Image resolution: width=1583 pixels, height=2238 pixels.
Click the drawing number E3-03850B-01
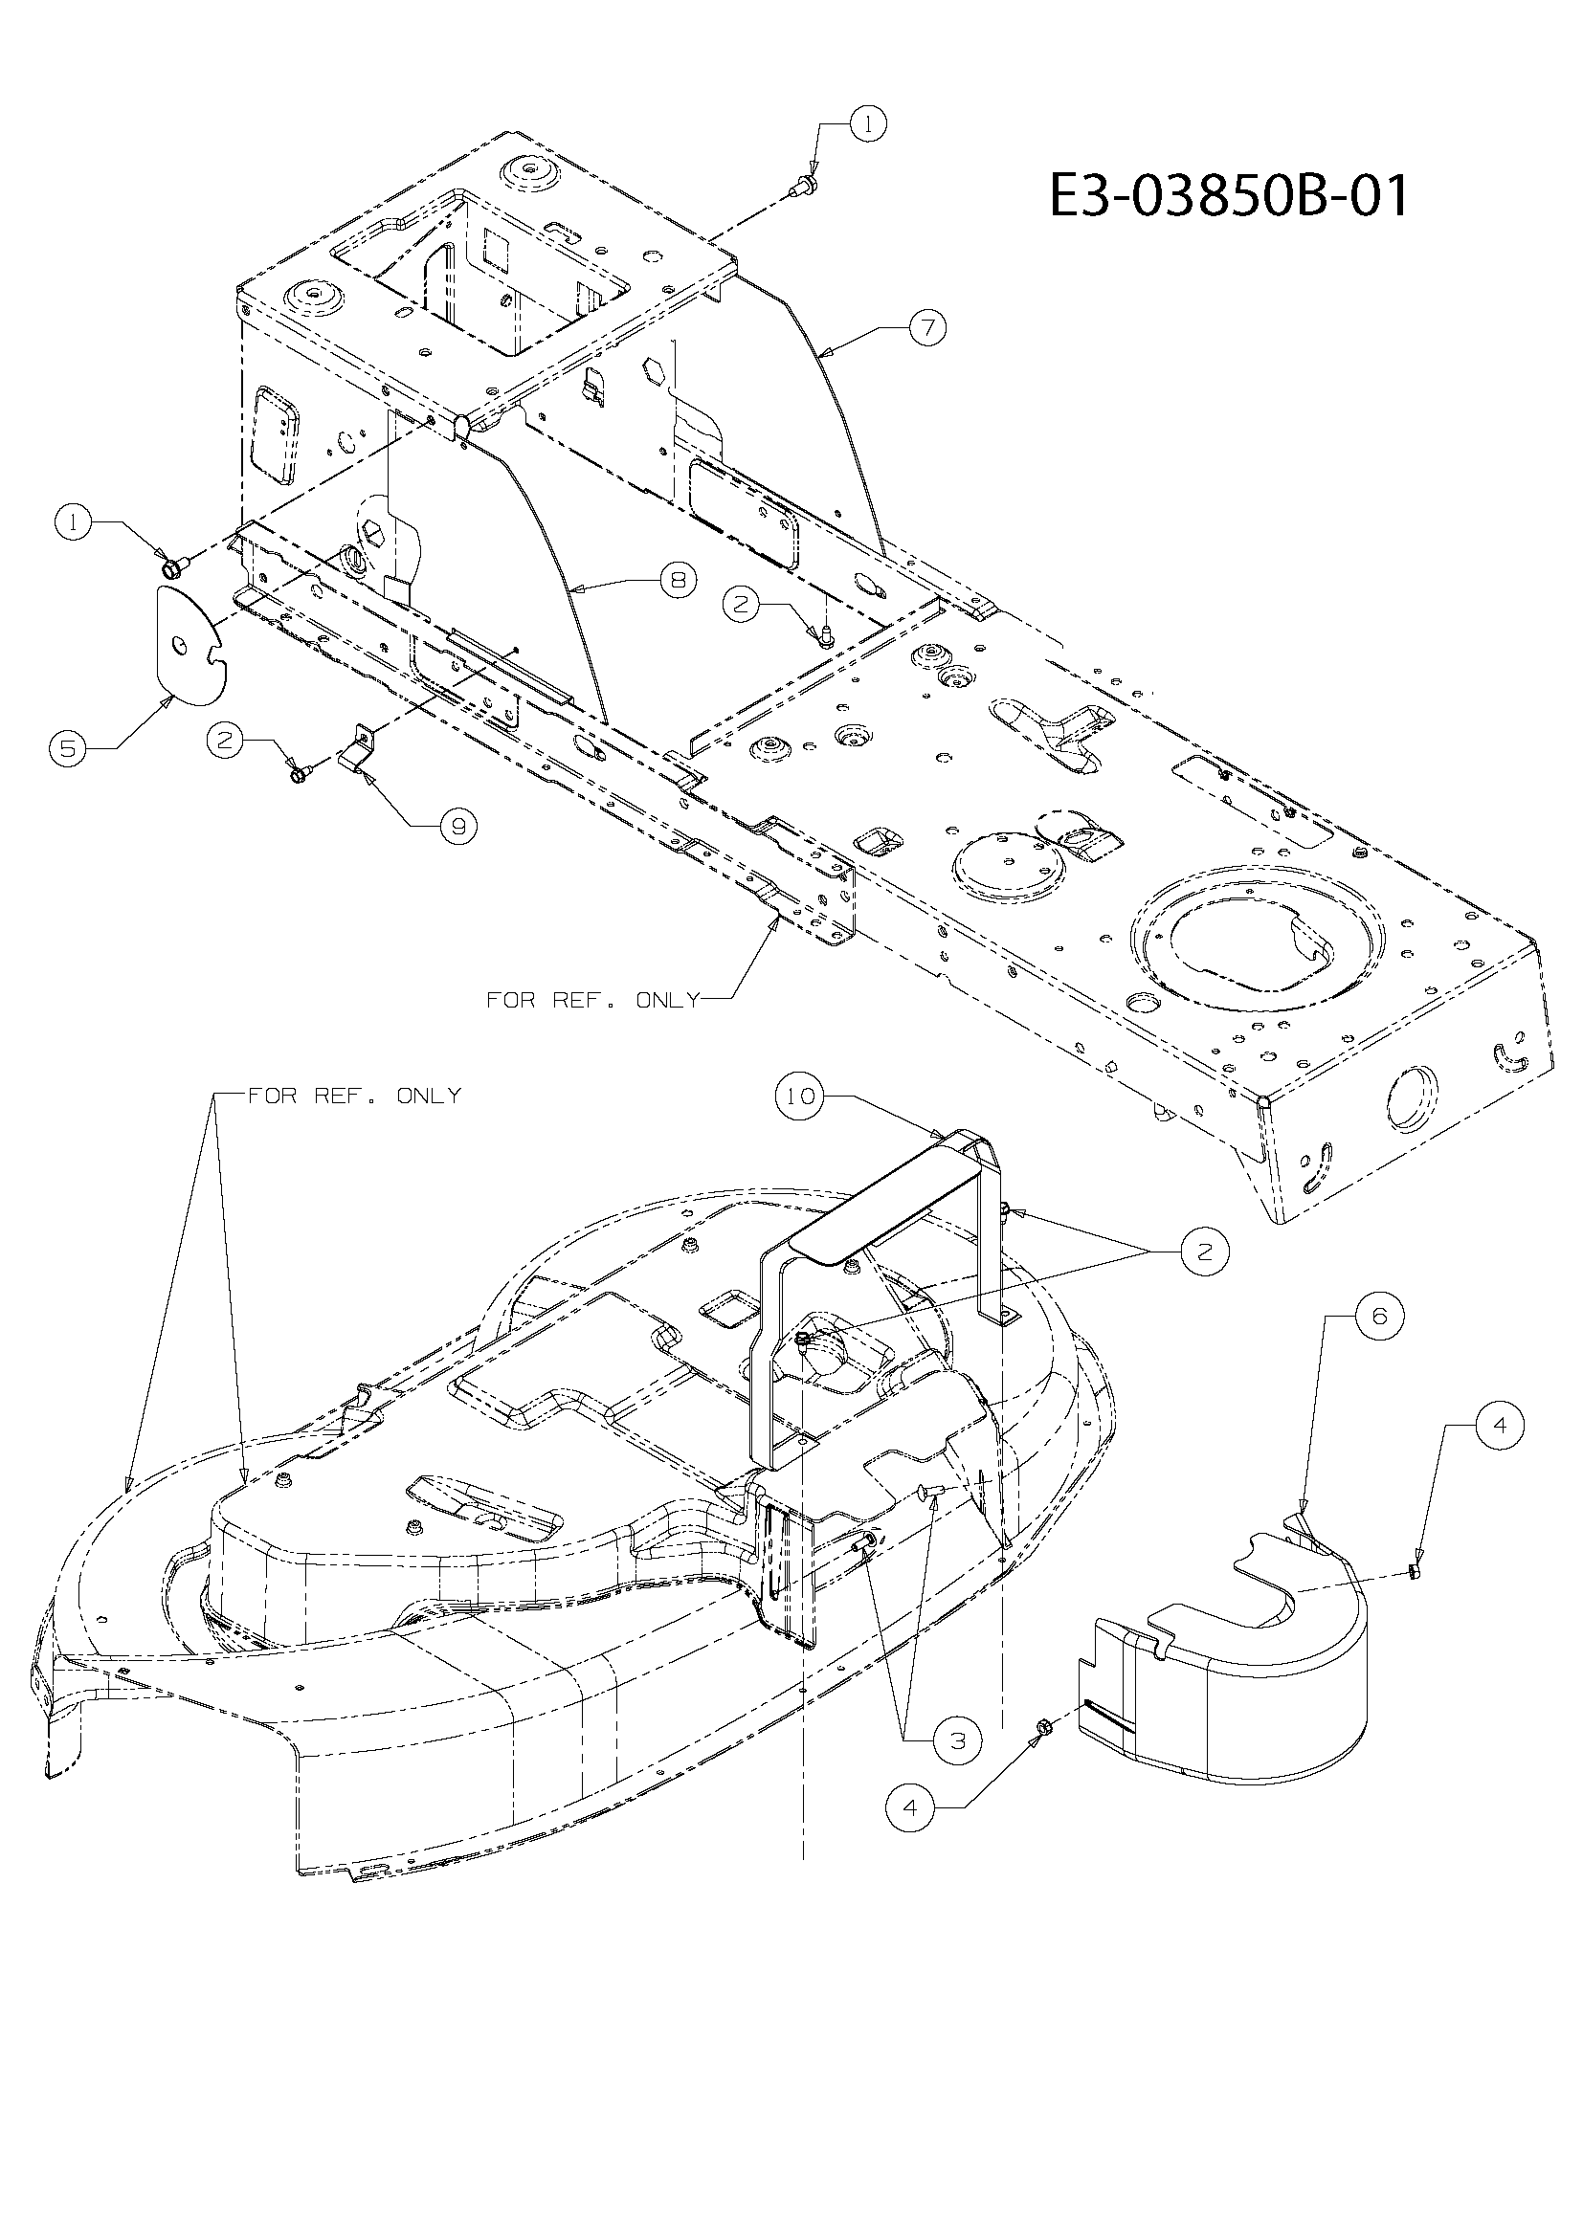[1228, 196]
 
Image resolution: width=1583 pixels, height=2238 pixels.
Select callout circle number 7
[927, 327]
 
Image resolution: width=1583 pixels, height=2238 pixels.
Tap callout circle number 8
[678, 581]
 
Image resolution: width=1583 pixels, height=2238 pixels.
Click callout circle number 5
[68, 747]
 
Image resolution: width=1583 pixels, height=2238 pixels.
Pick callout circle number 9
[457, 826]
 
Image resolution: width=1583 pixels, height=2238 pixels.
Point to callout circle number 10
[799, 1097]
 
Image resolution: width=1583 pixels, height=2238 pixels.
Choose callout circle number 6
[1379, 1315]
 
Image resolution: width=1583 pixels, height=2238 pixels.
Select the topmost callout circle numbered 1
[868, 122]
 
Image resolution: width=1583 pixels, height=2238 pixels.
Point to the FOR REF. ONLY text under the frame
[592, 1000]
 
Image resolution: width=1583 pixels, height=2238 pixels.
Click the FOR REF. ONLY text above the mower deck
[354, 1096]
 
